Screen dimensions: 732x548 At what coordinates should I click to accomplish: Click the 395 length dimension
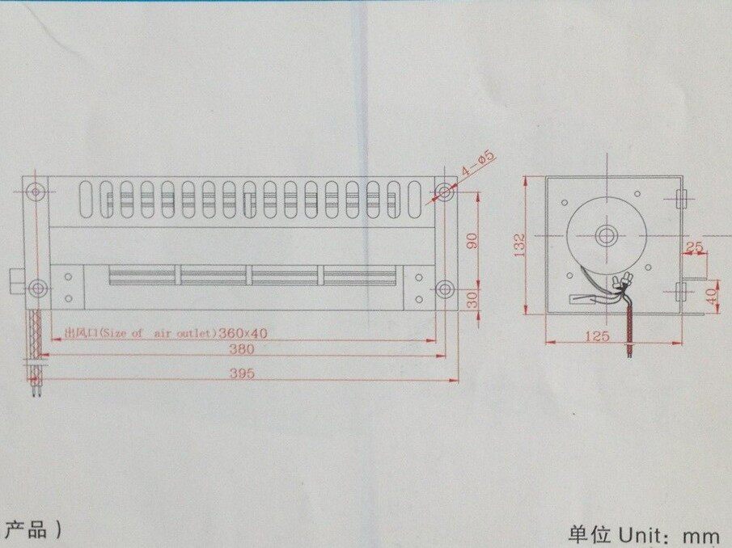click(x=242, y=373)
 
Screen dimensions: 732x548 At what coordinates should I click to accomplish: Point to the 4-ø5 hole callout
click(x=477, y=165)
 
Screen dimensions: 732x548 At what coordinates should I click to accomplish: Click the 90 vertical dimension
click(x=472, y=241)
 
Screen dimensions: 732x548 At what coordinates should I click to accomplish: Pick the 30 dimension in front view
click(x=472, y=298)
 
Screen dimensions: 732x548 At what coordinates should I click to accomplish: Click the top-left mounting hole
click(x=36, y=192)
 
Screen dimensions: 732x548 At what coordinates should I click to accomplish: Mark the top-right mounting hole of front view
click(x=444, y=192)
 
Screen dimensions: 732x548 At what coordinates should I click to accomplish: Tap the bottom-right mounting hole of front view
click(x=444, y=289)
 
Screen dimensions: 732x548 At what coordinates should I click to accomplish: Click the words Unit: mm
click(x=670, y=534)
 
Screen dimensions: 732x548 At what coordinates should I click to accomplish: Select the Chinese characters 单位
click(x=590, y=534)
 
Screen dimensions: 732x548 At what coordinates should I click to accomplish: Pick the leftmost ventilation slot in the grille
click(x=87, y=199)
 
